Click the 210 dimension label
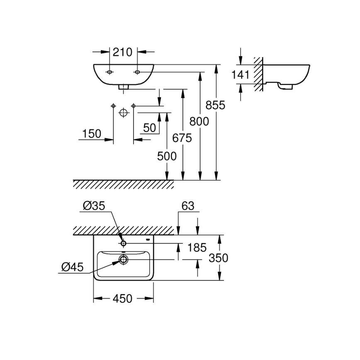(x=123, y=52)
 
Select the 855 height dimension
(x=216, y=105)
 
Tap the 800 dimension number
(x=199, y=122)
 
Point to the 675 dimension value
(x=182, y=138)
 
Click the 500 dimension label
(x=167, y=156)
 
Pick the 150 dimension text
(x=92, y=134)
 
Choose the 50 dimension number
(x=150, y=128)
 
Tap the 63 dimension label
(x=188, y=206)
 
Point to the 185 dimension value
(x=197, y=248)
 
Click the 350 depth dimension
(x=219, y=258)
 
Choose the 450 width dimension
(x=122, y=298)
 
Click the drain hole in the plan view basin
(x=124, y=260)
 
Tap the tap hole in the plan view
(x=123, y=243)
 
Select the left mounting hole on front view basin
(x=109, y=73)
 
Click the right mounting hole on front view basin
(x=137, y=73)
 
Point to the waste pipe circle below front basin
(x=123, y=113)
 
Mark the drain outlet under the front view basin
(x=123, y=87)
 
